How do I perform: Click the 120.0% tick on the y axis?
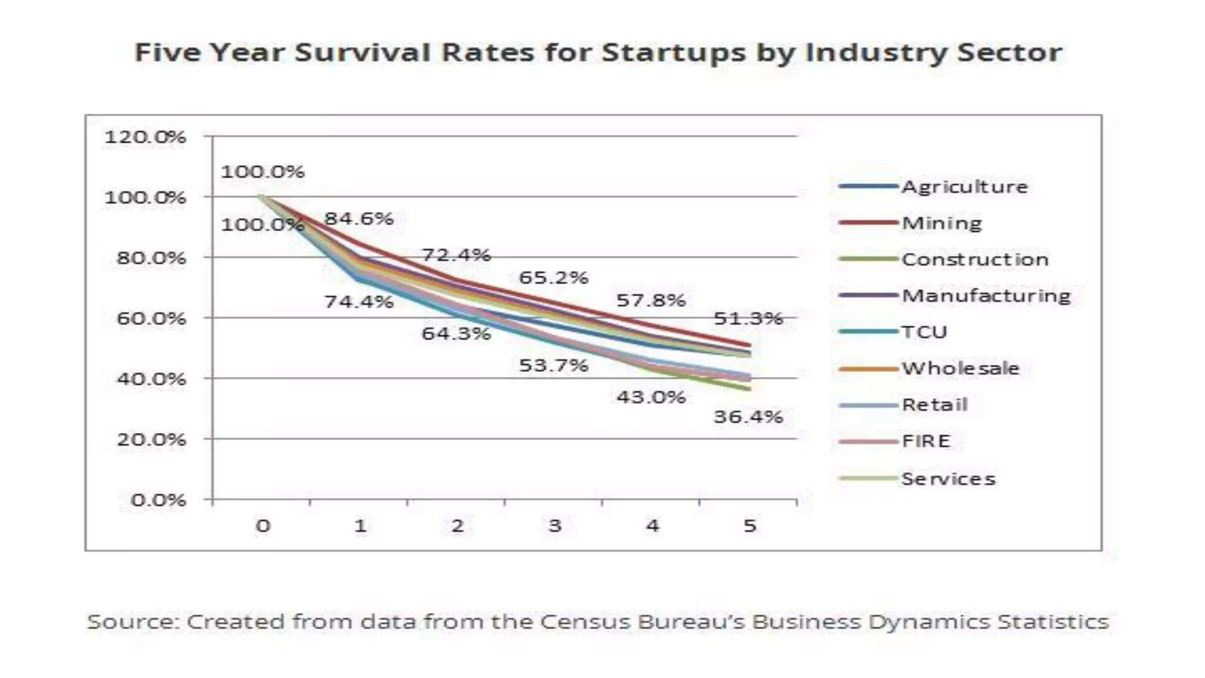(145, 137)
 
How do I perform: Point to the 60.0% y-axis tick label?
(151, 318)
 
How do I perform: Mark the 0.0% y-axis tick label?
(158, 500)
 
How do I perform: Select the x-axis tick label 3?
(554, 526)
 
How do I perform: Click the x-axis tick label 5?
(749, 526)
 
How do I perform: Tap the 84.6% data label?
(359, 219)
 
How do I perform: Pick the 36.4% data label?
(748, 417)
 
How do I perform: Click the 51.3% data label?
(748, 319)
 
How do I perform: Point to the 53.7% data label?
(553, 365)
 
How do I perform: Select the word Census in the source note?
(585, 622)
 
